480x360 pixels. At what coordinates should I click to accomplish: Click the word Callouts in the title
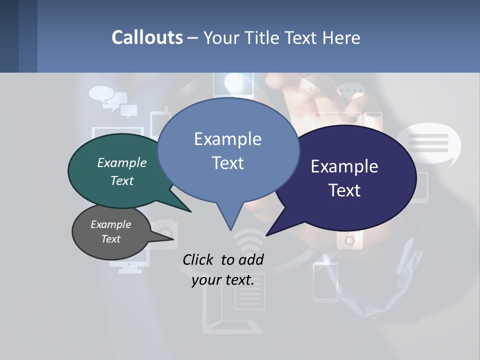click(x=147, y=37)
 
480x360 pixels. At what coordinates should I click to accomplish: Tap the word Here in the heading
click(x=341, y=37)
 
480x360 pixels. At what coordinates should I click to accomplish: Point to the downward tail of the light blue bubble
click(x=230, y=220)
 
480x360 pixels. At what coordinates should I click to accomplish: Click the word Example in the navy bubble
click(x=344, y=166)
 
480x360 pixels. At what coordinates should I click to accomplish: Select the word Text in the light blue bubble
click(x=227, y=163)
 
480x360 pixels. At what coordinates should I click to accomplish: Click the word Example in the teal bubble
click(x=121, y=163)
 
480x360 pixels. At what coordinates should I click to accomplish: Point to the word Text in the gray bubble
click(x=110, y=239)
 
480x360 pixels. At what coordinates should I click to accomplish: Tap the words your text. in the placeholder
click(x=223, y=280)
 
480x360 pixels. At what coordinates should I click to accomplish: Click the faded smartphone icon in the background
click(x=325, y=282)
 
